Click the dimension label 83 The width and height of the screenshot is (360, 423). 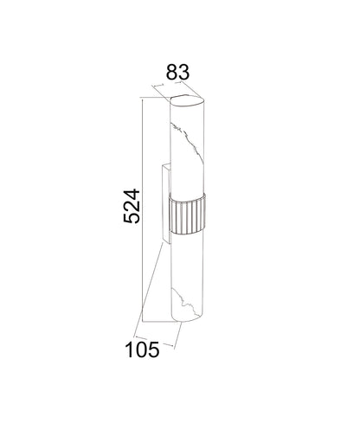coord(177,72)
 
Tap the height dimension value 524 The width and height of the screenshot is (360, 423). coord(132,206)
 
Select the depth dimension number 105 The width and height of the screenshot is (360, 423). coord(142,349)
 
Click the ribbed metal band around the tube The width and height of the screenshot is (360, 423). coord(187,214)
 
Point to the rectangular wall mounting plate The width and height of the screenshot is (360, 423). coord(166,203)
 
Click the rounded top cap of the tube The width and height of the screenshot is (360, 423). coord(187,101)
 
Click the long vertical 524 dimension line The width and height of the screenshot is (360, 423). coord(143,210)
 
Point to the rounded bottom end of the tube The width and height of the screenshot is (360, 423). coord(188,317)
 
